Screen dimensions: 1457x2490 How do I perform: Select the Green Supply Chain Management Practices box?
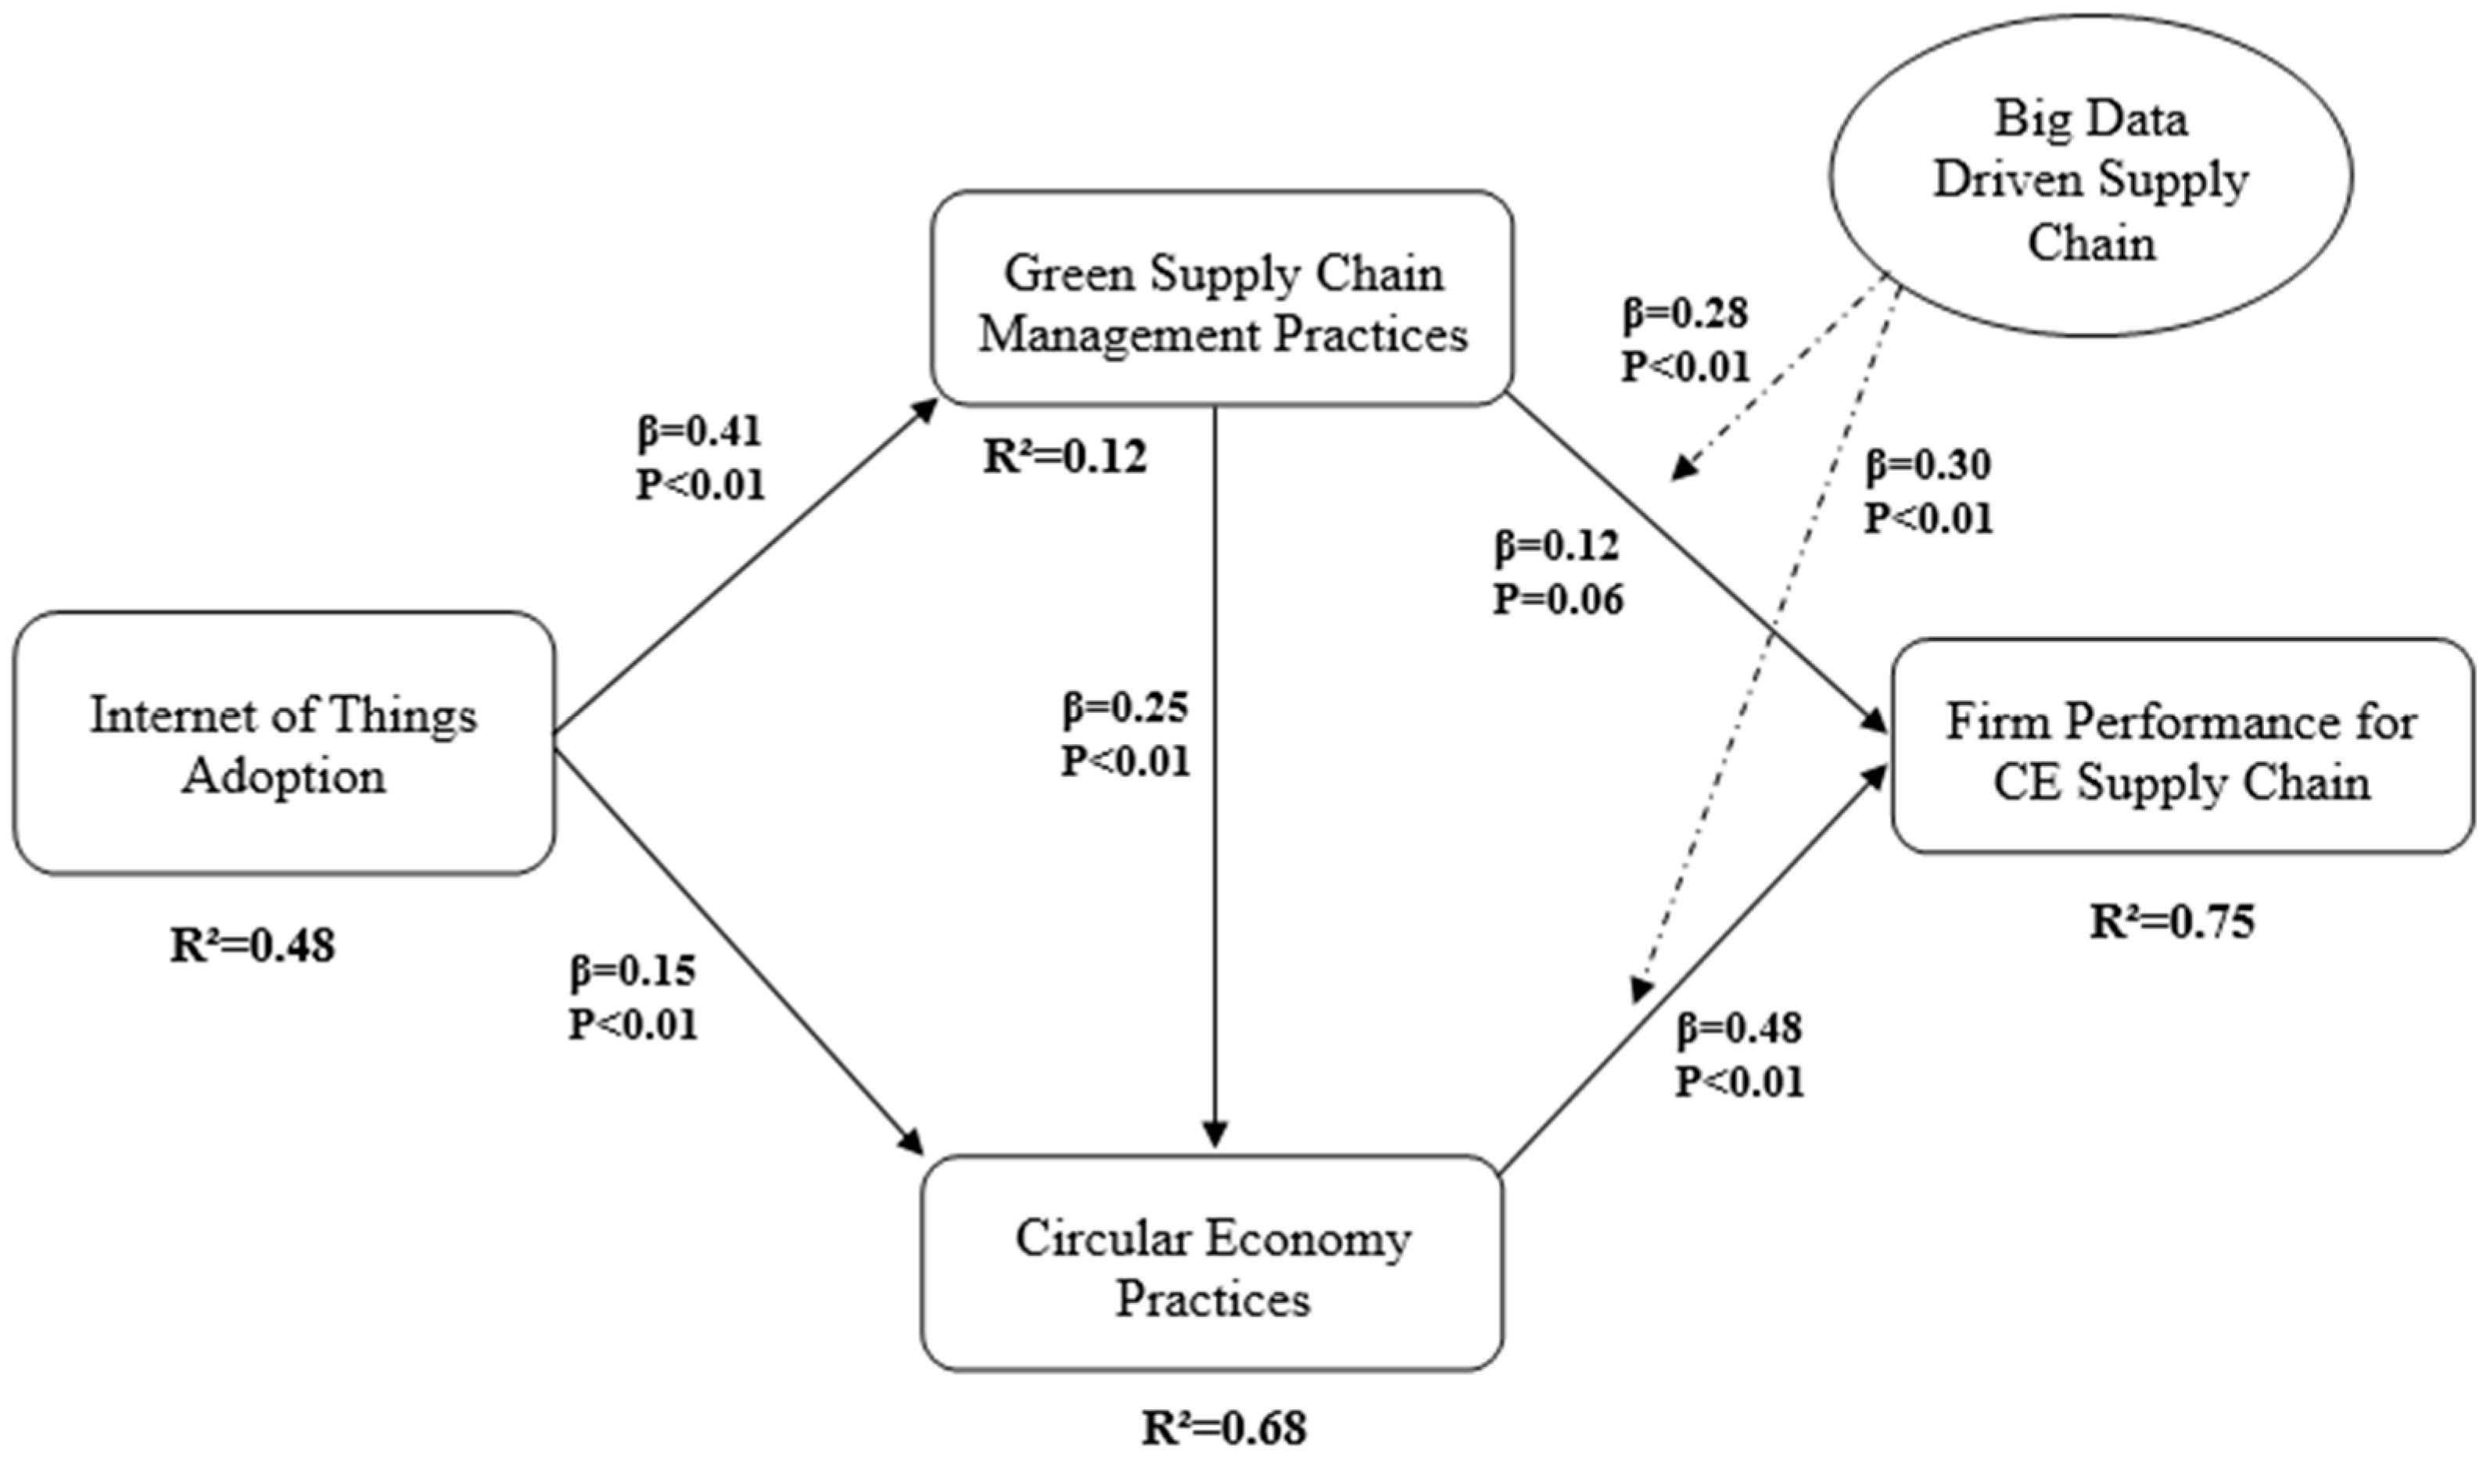tap(1222, 299)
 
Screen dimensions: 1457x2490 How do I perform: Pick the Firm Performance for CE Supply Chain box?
tap(2182, 746)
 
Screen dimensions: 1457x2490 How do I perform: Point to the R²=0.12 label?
tap(1065, 457)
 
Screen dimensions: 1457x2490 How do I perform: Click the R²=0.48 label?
tap(253, 945)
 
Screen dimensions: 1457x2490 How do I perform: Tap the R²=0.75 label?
tap(2172, 922)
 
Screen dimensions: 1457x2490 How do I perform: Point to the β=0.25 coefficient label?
tap(1125, 707)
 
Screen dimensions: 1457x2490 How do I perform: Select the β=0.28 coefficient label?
tap(1685, 313)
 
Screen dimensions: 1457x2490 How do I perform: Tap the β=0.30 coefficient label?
tap(1928, 465)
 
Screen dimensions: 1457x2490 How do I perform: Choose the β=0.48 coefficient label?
tap(1739, 1029)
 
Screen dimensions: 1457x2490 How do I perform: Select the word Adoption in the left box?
tap(284, 776)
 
